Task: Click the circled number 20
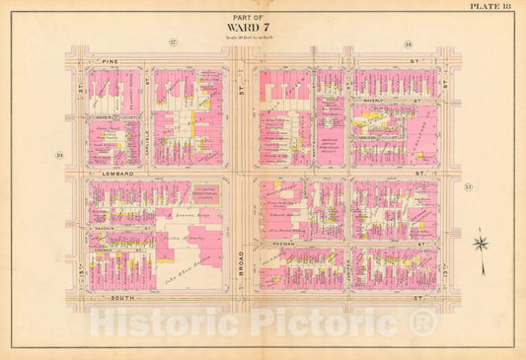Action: pyautogui.click(x=59, y=156)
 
